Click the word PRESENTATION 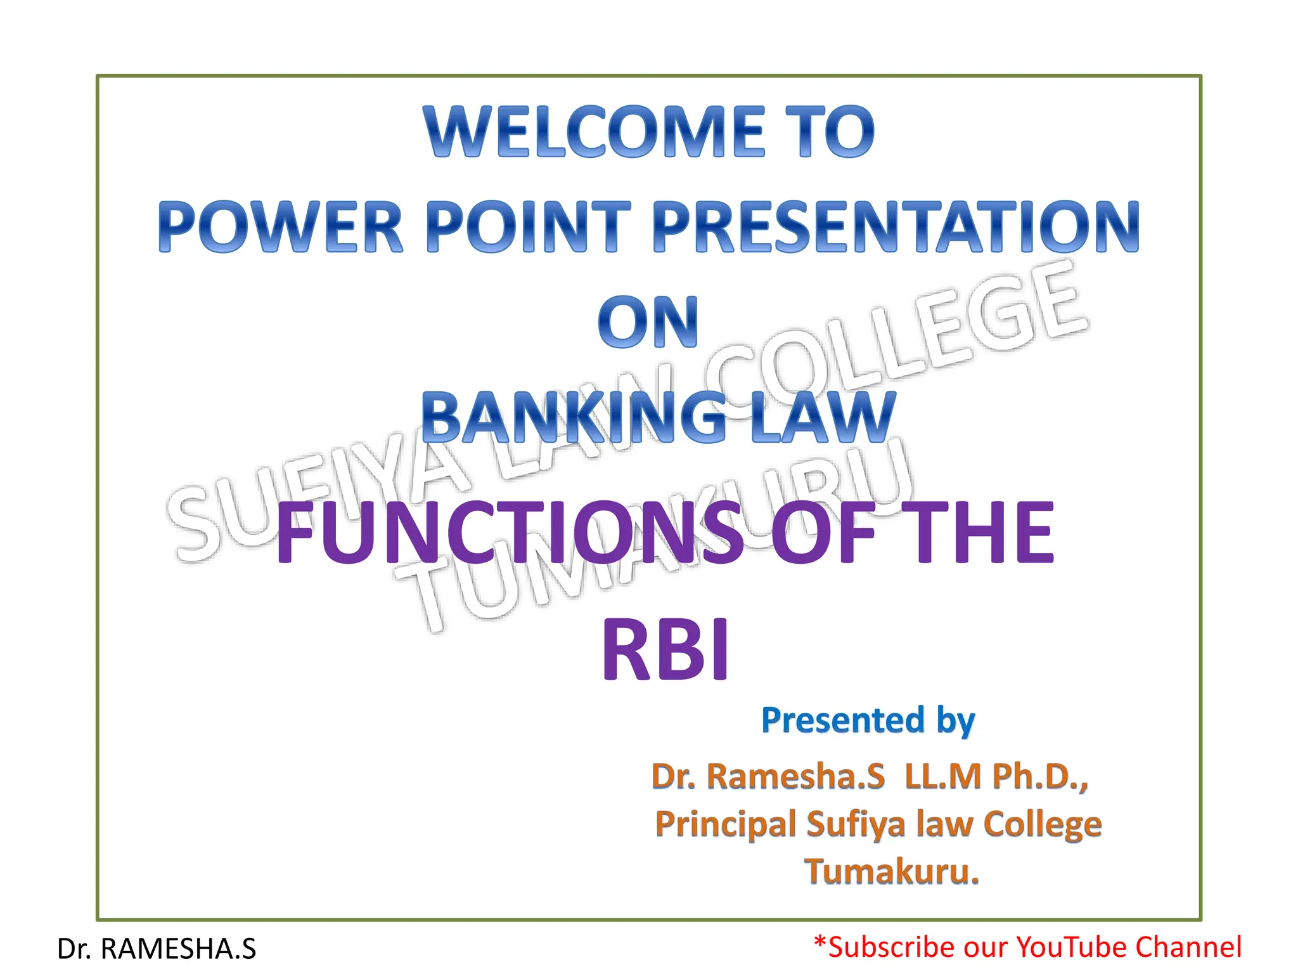(x=895, y=227)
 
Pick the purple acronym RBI (x=665, y=650)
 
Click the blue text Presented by (x=868, y=720)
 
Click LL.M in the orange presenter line (x=944, y=776)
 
